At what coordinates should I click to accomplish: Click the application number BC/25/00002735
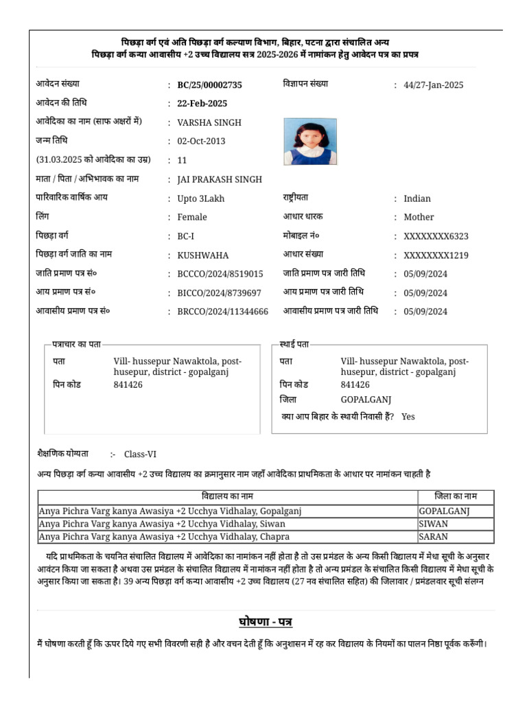click(x=209, y=85)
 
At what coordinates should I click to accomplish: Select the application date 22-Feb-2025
click(x=202, y=104)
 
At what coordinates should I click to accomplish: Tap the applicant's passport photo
click(x=310, y=141)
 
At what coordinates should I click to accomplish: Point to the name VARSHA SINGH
click(x=209, y=123)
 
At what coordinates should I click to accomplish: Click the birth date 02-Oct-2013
click(x=201, y=141)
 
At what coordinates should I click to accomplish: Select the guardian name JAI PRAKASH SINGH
click(x=220, y=179)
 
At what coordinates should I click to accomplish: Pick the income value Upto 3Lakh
click(x=200, y=198)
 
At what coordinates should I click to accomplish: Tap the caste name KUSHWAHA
click(x=203, y=255)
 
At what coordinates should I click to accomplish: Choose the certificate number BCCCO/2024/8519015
click(x=220, y=274)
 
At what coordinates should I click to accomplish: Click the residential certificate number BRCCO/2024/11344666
click(x=222, y=311)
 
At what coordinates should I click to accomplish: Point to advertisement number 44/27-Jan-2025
click(x=434, y=85)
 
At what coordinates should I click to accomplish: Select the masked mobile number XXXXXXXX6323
click(x=436, y=236)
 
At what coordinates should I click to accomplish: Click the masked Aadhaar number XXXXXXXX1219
click(x=436, y=255)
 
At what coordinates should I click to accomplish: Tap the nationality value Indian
click(x=417, y=198)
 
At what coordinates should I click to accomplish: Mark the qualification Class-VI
click(x=141, y=454)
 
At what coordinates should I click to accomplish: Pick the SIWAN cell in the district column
click(x=433, y=524)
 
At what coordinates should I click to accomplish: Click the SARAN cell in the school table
click(x=433, y=537)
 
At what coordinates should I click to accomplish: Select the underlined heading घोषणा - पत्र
click(x=266, y=622)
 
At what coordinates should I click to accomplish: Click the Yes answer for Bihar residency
click(x=408, y=417)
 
